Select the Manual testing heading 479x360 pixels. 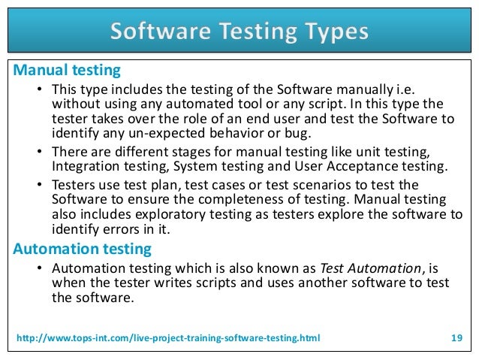(67, 71)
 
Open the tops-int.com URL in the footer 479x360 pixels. (167, 338)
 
